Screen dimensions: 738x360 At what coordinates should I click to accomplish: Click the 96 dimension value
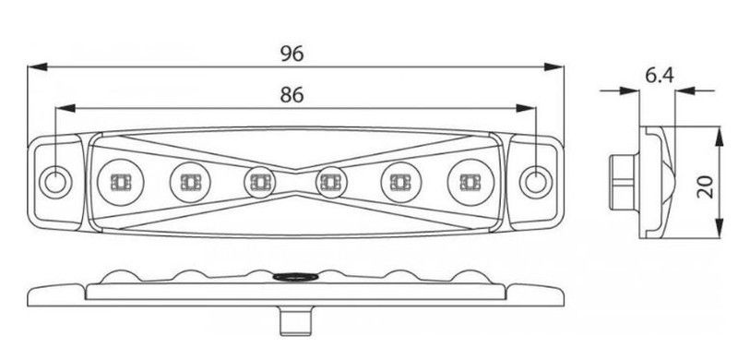pyautogui.click(x=292, y=54)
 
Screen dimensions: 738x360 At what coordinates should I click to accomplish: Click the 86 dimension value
pyautogui.click(x=292, y=95)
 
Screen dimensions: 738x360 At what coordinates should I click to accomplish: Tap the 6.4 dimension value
pyautogui.click(x=660, y=76)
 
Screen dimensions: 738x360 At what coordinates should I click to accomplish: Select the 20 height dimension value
pyautogui.click(x=706, y=187)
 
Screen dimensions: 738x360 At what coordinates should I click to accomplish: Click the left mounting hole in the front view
pyautogui.click(x=55, y=182)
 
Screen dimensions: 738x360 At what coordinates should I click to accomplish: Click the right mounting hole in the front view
pyautogui.click(x=536, y=182)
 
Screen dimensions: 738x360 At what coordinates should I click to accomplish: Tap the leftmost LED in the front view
pyautogui.click(x=121, y=183)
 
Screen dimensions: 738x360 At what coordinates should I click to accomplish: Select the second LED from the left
pyautogui.click(x=190, y=183)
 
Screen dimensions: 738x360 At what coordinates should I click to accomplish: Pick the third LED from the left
pyautogui.click(x=259, y=183)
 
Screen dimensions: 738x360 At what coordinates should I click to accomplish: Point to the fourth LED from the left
pyautogui.click(x=331, y=183)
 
